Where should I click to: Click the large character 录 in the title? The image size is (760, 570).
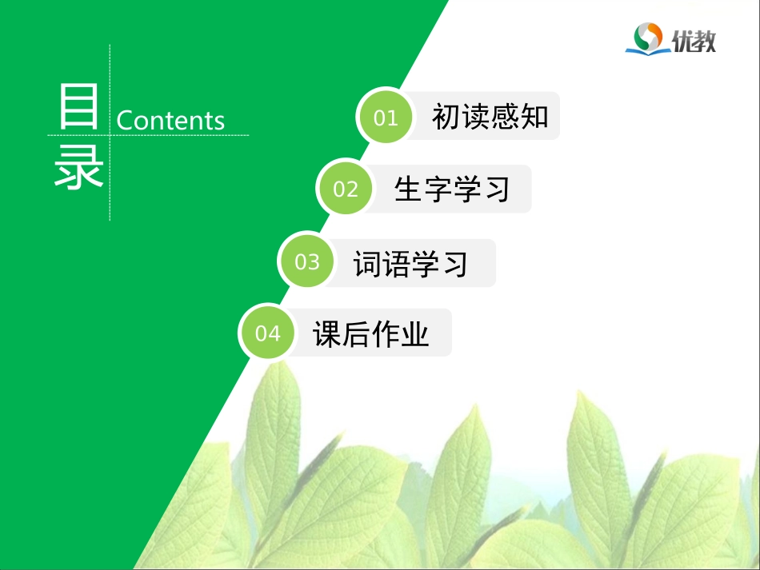78,165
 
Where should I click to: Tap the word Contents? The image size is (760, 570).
170,120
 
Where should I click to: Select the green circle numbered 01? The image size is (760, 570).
386,118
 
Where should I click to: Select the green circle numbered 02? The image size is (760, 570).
346,189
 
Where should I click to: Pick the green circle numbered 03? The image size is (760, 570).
307,262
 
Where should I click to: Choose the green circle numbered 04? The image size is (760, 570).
268,333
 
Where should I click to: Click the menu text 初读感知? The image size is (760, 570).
490,117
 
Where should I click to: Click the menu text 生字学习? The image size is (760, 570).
452,189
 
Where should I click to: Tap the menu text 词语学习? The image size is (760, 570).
410,262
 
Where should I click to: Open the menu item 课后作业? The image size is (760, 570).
371,333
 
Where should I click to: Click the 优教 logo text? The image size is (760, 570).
694,39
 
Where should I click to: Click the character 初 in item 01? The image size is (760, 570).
446,117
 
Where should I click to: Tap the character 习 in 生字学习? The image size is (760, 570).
496,189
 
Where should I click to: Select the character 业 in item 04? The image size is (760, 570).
415,333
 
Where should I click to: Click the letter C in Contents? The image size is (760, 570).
126,121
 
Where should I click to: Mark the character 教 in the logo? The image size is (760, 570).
705,39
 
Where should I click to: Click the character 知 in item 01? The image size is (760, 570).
534,117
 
